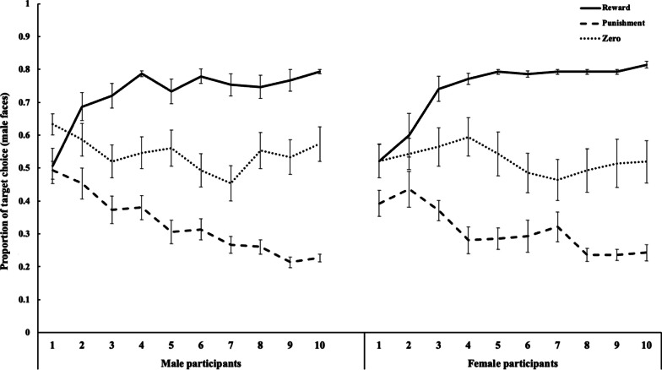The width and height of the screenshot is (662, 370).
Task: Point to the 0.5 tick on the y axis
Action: point(28,168)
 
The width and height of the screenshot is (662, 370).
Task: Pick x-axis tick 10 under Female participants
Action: point(646,346)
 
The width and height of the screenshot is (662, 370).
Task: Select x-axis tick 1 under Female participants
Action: point(378,346)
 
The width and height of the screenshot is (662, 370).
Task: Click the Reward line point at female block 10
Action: point(646,64)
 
